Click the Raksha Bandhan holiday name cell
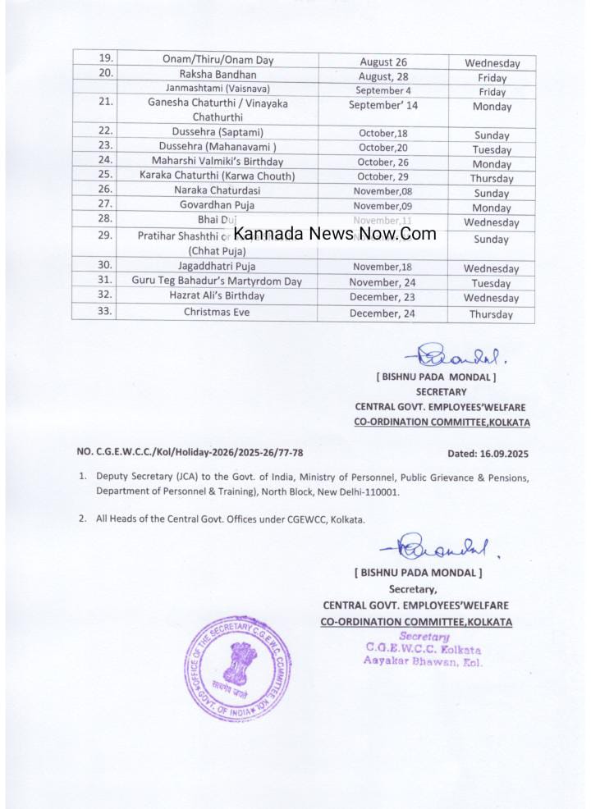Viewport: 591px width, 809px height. coord(218,74)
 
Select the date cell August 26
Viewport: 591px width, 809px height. coord(383,62)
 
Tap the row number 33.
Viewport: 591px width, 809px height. coord(105,312)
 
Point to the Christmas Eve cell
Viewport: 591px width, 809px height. coord(217,313)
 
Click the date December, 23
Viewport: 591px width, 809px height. coord(383,297)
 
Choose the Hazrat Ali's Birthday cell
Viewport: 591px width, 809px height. coord(217,296)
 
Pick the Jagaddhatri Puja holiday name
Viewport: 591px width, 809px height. coord(217,266)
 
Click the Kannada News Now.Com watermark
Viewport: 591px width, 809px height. coord(335,234)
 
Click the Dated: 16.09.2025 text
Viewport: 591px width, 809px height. coord(488,453)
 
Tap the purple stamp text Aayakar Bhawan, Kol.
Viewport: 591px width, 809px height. coord(424,662)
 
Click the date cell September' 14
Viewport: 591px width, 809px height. coord(383,106)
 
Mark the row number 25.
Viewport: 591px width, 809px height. coord(105,176)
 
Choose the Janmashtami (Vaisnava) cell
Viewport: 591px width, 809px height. coord(218,89)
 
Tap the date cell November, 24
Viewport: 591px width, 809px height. coord(383,281)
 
